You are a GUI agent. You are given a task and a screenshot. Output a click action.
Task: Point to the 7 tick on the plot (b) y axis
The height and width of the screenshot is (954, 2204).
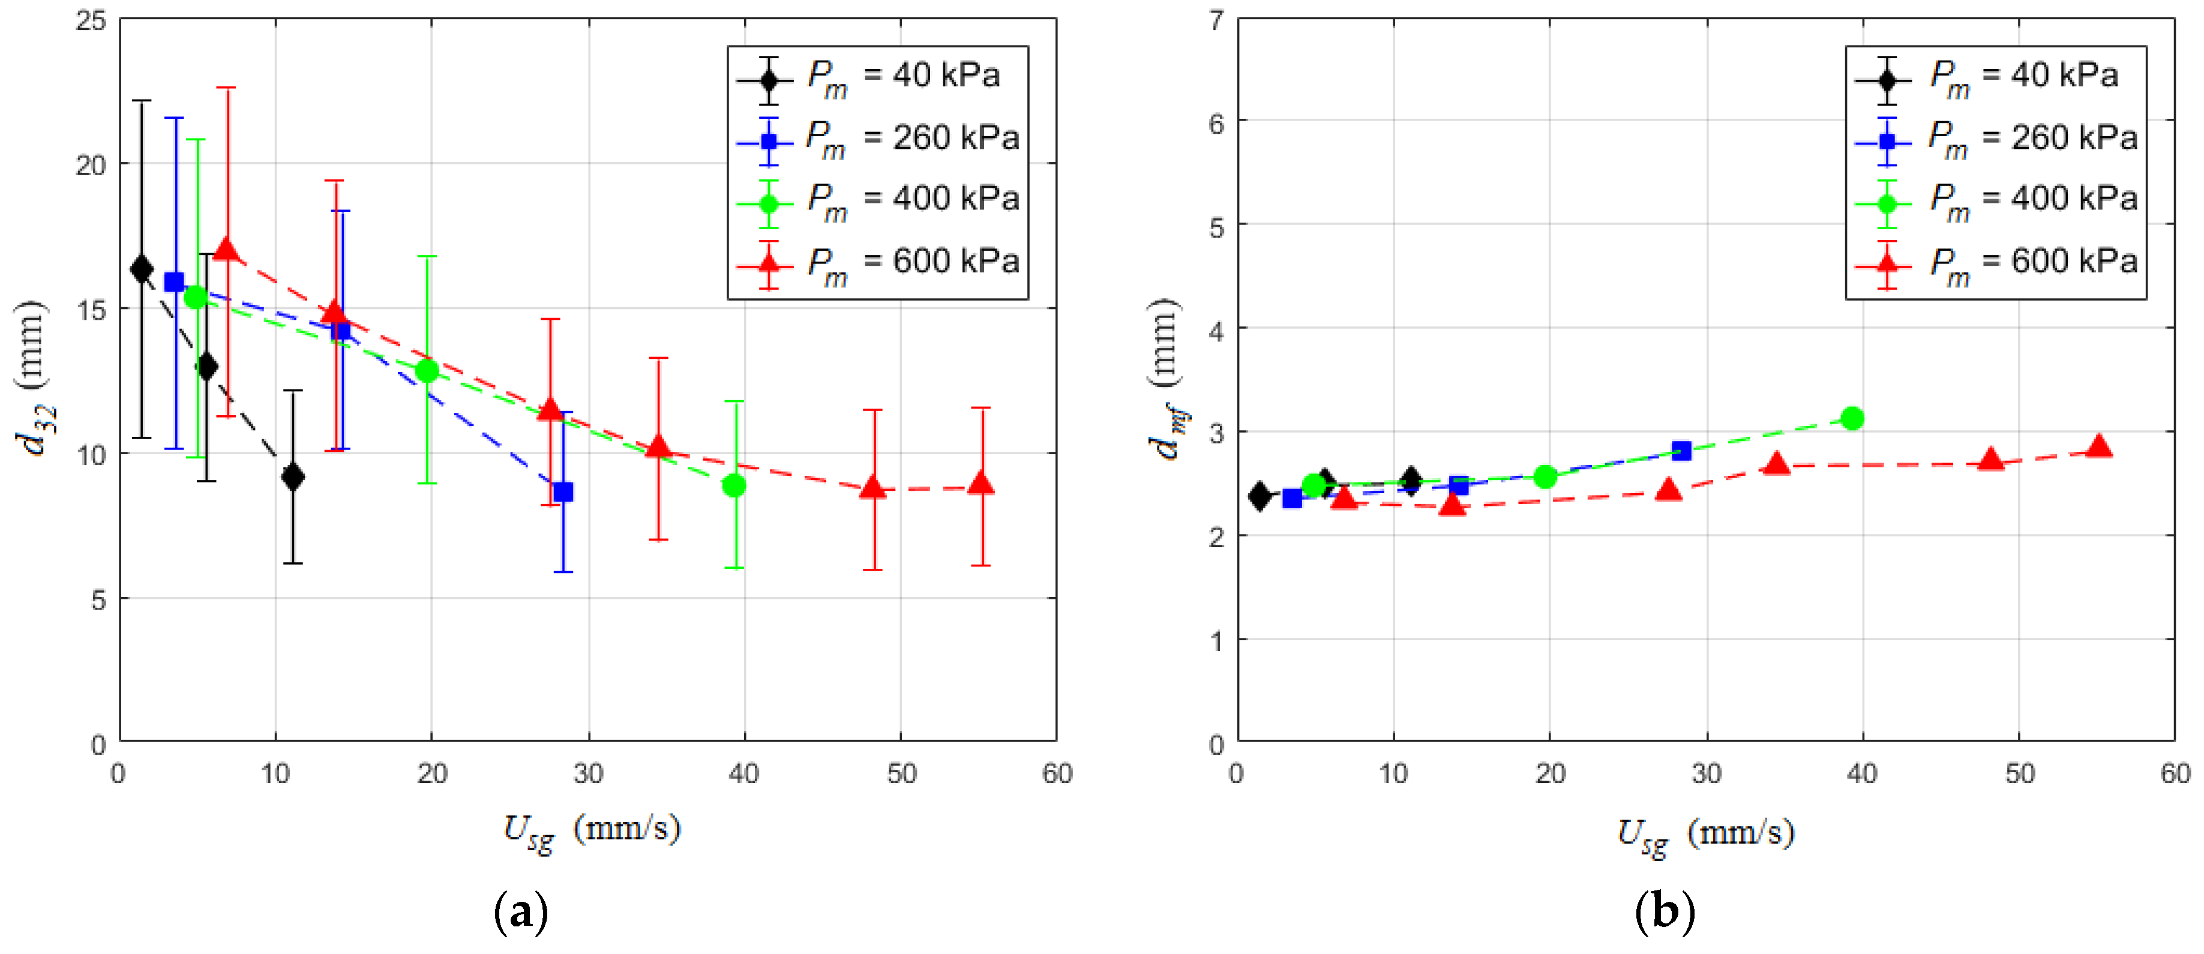click(x=1216, y=20)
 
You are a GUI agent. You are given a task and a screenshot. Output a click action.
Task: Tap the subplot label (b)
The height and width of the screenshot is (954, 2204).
click(x=1663, y=912)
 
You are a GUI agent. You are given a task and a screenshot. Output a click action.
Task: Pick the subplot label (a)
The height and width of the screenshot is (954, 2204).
click(x=521, y=912)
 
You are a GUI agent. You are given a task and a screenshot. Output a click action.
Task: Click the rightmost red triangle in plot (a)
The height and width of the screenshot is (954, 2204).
click(x=980, y=484)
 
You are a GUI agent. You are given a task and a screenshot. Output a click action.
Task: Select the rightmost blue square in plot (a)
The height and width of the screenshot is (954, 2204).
click(x=563, y=492)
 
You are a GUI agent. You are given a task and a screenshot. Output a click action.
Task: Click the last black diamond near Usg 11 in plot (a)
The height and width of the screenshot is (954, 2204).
click(x=293, y=476)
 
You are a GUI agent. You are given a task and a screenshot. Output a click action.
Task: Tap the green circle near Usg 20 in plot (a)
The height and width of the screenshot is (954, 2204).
click(x=427, y=370)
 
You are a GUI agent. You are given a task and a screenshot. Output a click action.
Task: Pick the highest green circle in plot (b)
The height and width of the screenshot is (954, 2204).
click(x=1852, y=418)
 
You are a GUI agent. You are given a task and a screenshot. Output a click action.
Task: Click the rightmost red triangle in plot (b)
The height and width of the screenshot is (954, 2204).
click(x=2099, y=446)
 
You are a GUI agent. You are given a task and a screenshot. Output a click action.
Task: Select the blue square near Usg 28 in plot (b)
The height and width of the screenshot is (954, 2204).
click(x=1681, y=451)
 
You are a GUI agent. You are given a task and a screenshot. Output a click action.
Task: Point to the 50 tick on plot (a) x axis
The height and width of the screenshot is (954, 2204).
click(x=901, y=775)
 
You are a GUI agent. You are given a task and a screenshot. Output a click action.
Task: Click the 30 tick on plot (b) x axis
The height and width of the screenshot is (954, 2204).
click(x=1707, y=775)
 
